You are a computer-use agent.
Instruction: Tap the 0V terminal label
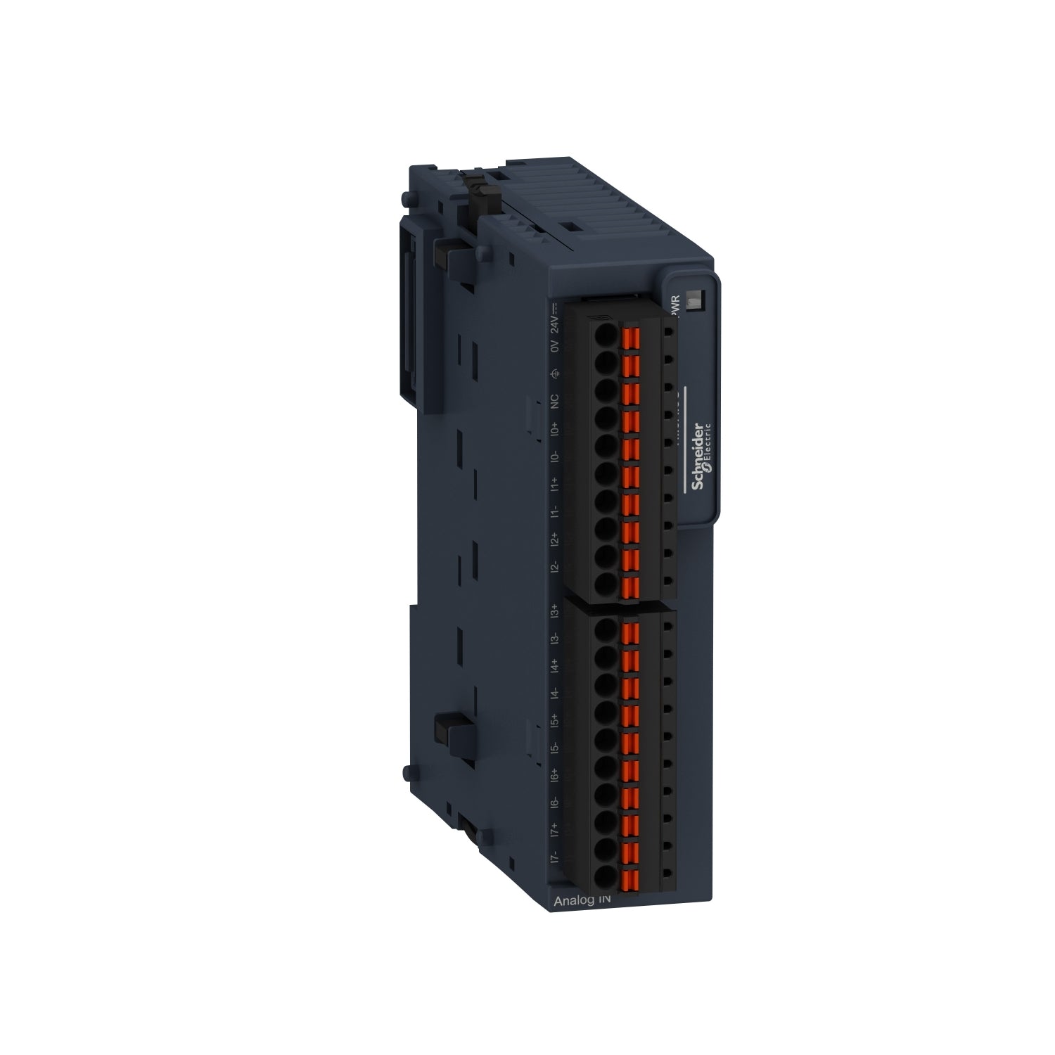[554, 347]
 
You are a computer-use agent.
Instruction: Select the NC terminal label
[554, 401]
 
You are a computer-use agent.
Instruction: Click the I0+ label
[554, 428]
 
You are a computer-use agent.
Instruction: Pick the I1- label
[554, 511]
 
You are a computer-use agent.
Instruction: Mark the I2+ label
[554, 539]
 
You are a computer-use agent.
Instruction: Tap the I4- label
[554, 693]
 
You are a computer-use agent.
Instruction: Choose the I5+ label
[554, 720]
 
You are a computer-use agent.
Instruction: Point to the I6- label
[554, 803]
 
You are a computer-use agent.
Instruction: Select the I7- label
[554, 857]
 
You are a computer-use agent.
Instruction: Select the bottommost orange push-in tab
[630, 877]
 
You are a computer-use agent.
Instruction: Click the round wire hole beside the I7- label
[604, 876]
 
